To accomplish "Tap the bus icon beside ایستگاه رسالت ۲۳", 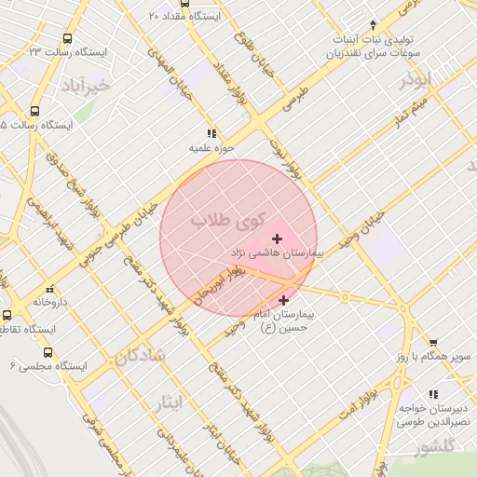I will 67,38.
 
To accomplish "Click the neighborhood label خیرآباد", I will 89,87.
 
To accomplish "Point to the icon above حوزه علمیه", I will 211,133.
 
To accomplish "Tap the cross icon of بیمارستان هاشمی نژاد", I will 277,239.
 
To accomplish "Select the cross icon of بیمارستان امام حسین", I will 283,300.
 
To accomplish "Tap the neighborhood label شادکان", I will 141,354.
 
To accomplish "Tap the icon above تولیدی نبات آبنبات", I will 373,24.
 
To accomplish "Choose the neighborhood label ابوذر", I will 420,82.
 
